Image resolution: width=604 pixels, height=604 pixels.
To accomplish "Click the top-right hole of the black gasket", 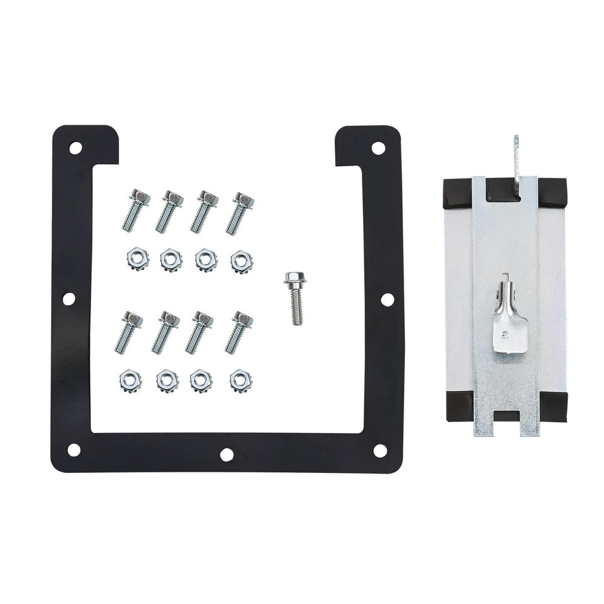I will point(377,147).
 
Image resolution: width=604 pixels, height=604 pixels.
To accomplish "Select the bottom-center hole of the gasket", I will point(226,455).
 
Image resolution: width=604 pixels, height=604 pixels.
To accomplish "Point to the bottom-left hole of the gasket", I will point(75,450).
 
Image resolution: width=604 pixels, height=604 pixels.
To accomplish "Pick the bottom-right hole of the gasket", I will point(379,450).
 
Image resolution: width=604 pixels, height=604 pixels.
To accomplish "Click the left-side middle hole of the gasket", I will point(69,298).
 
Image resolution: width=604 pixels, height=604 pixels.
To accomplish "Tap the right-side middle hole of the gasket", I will point(385,298).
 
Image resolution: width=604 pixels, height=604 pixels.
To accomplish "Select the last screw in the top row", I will point(239,212).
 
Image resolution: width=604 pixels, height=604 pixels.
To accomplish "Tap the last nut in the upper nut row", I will point(240,260).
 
